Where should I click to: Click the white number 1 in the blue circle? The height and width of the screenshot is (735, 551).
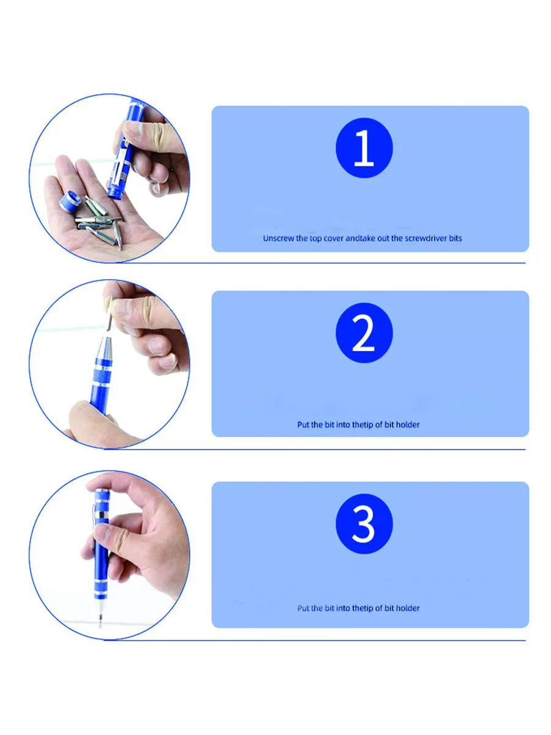click(364, 149)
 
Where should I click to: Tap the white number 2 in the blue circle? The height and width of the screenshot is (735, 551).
click(364, 334)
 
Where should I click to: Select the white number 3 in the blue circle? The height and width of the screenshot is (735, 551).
click(364, 524)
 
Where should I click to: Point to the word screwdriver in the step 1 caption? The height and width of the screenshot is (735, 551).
click(426, 238)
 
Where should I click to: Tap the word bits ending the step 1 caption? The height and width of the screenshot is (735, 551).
click(455, 238)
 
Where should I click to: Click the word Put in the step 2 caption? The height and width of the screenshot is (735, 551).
click(303, 424)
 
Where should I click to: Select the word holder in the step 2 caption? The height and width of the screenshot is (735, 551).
click(407, 424)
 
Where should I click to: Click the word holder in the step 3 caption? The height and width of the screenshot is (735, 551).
click(407, 608)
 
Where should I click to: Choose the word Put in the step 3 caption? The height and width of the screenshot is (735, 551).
click(303, 608)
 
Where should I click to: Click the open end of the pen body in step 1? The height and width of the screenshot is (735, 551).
click(113, 194)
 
